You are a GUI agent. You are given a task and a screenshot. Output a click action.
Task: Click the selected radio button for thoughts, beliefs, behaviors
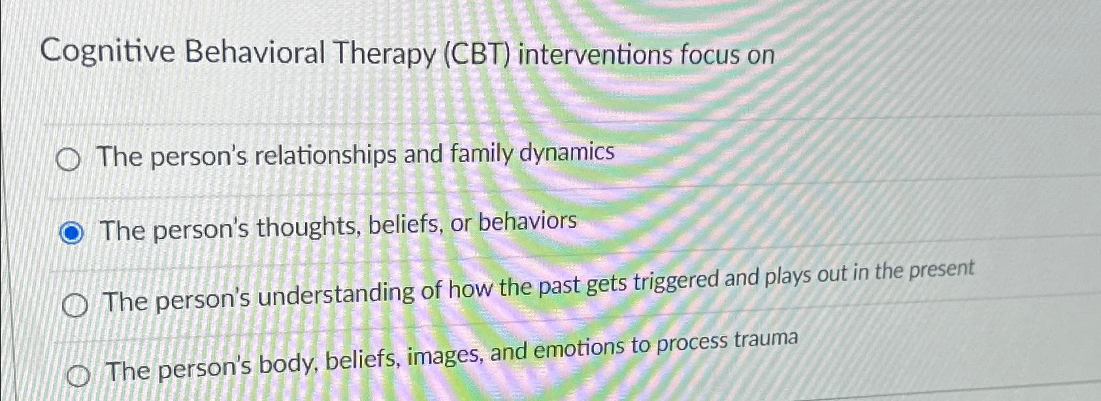click(x=71, y=233)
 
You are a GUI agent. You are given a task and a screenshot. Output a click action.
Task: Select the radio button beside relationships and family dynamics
click(x=68, y=160)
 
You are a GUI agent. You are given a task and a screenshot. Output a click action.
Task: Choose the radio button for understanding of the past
click(x=75, y=305)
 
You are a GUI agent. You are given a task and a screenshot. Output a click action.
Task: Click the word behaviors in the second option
click(x=527, y=222)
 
